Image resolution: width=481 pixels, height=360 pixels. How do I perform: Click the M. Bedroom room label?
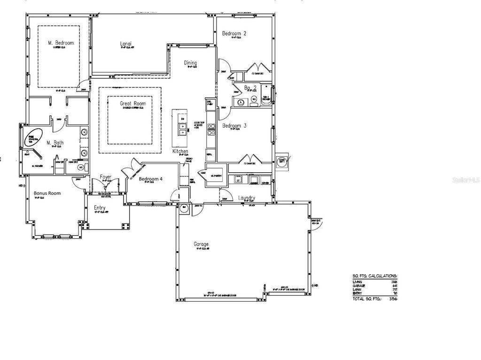61,43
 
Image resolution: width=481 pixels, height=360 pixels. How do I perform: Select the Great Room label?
133,104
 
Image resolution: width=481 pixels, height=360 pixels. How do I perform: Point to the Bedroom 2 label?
234,33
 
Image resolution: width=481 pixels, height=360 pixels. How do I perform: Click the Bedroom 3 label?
234,126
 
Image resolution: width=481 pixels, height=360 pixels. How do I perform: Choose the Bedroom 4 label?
151,178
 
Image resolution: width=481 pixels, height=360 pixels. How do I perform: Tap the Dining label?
190,63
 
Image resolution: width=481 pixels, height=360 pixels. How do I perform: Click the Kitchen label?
180,152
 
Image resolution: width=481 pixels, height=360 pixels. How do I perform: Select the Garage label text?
201,244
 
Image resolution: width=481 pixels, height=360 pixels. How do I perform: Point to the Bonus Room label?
47,193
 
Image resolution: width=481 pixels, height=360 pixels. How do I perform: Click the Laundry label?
246,198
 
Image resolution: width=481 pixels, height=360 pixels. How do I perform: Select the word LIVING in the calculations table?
358,281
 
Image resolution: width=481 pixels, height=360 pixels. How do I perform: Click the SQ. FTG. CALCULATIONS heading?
375,276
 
